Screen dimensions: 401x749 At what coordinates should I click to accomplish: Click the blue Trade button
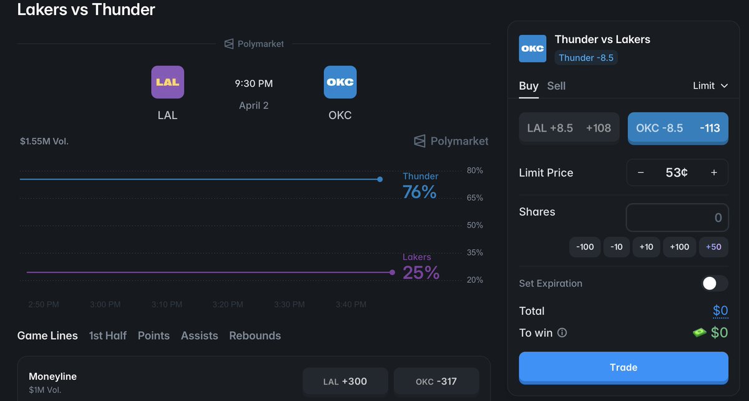623,367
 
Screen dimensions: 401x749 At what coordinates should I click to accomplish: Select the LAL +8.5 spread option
569,128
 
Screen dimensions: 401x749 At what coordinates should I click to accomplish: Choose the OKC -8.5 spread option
677,128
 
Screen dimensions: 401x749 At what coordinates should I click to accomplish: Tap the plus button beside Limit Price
714,173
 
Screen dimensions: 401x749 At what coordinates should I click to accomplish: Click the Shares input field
677,218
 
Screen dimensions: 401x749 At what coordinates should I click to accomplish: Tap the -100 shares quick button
585,247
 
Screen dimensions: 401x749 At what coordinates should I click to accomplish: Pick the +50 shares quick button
713,247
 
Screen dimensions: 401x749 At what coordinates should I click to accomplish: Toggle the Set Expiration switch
714,283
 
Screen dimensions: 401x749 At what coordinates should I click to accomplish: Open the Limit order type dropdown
710,85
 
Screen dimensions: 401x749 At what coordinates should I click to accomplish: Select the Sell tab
556,86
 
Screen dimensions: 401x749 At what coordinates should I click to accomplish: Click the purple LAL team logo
167,82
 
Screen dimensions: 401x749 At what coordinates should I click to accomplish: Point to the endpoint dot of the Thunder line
379,180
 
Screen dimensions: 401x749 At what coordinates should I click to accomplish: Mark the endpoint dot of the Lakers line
392,273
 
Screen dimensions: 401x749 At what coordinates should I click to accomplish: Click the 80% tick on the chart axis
475,170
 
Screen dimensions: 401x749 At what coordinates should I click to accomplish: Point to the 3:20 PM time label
228,304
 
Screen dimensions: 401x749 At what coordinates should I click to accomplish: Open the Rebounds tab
255,336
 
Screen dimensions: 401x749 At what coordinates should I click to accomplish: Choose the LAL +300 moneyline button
345,381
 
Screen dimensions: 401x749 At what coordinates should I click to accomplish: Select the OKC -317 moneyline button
436,381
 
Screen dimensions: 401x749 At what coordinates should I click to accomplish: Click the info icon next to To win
562,333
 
